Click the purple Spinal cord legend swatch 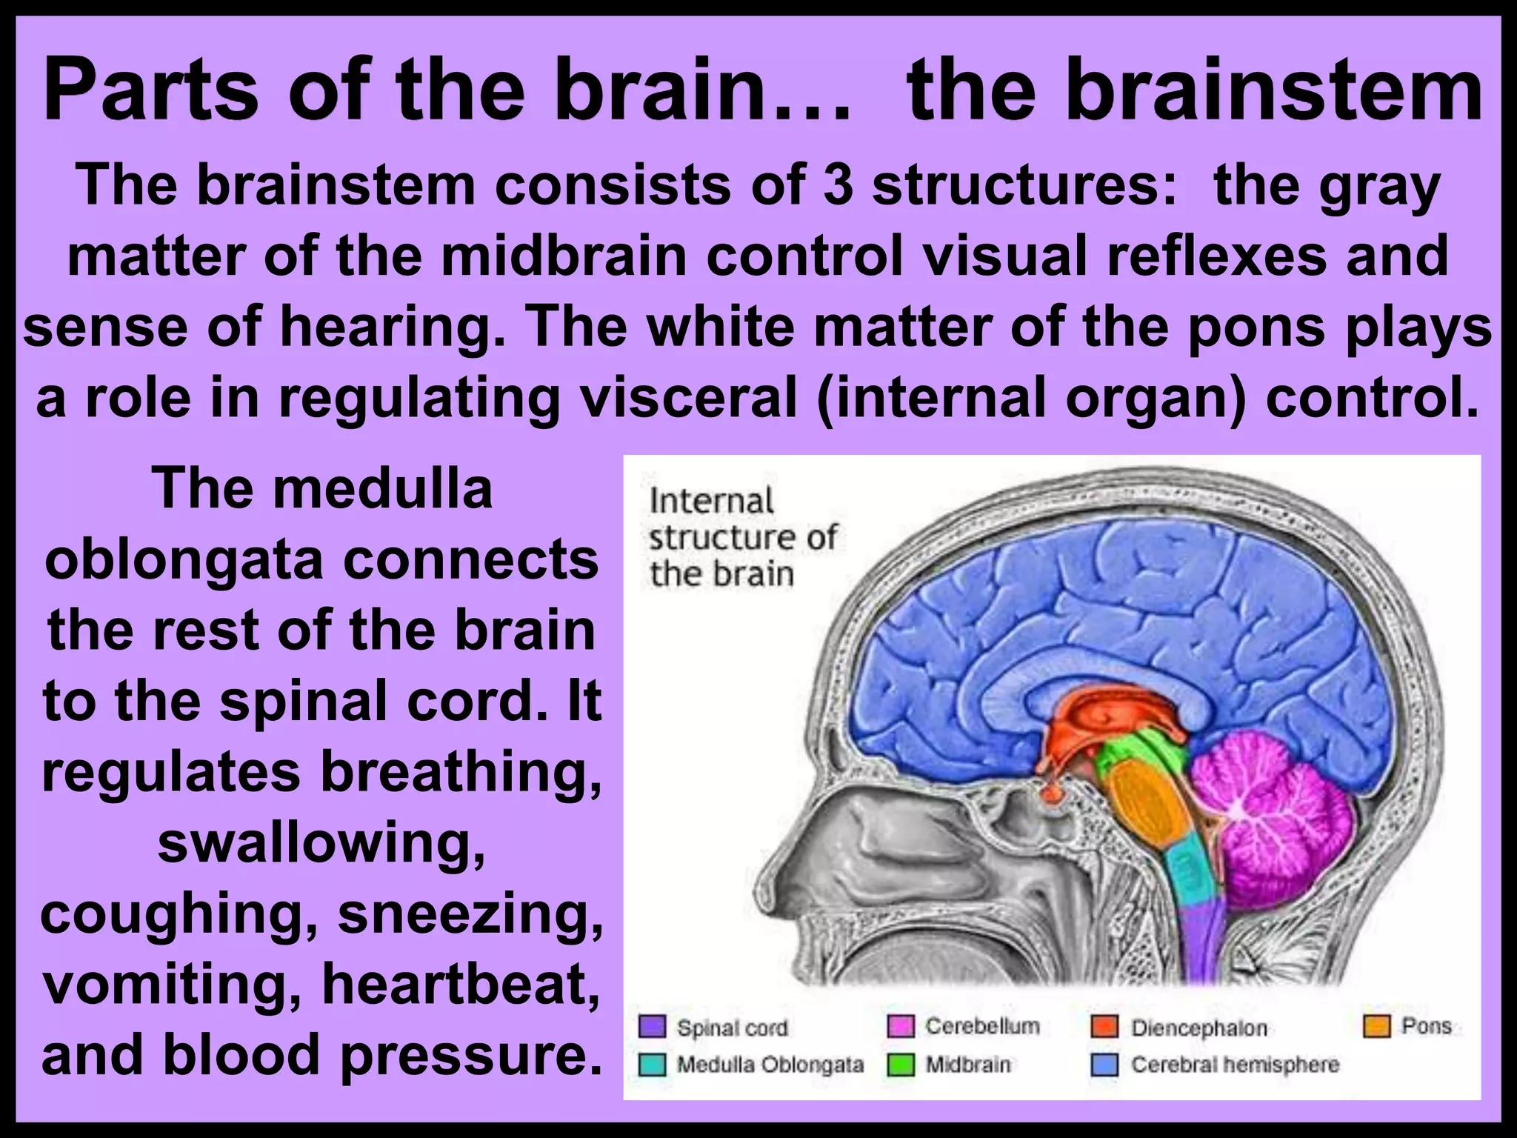point(653,1028)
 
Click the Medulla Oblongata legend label point(770,1065)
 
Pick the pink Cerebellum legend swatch point(901,1027)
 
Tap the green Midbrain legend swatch point(901,1065)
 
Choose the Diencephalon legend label point(1198,1028)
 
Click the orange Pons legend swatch point(1376,1026)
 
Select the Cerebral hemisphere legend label point(1235,1065)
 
